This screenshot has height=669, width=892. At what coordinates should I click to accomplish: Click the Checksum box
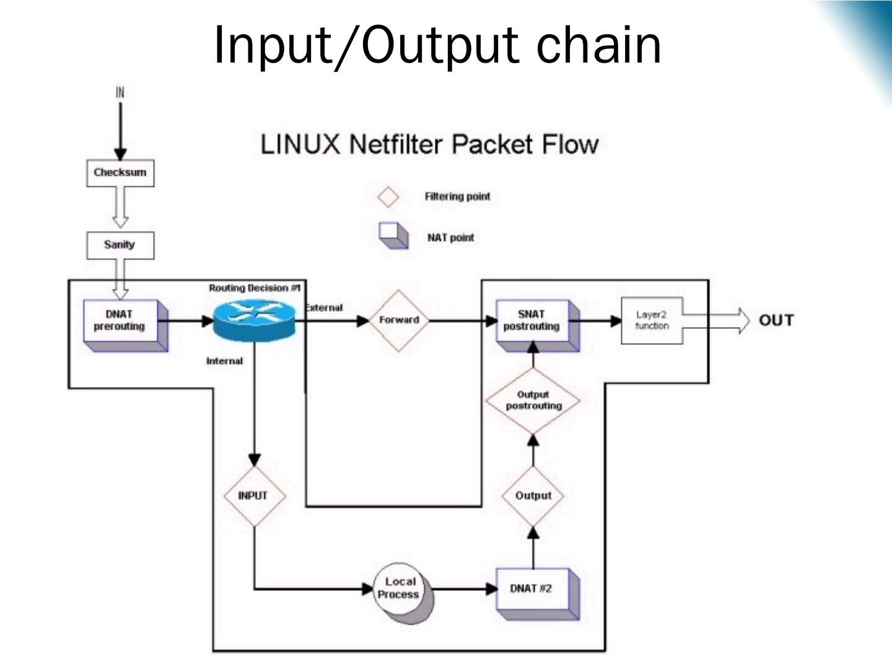click(x=120, y=173)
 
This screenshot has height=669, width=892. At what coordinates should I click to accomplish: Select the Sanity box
click(x=120, y=245)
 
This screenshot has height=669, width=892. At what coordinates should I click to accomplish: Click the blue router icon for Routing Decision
click(x=253, y=320)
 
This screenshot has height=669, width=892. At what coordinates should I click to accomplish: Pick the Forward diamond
click(x=399, y=320)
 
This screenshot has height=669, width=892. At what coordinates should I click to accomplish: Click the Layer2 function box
click(x=652, y=320)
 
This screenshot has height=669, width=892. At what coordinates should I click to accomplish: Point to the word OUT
click(x=776, y=320)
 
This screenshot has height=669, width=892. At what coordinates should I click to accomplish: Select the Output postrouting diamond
click(x=533, y=401)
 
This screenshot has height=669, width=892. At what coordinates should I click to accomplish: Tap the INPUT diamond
click(x=253, y=496)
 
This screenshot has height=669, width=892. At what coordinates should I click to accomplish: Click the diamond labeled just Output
click(x=533, y=496)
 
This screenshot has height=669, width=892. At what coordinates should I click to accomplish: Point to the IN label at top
click(x=120, y=92)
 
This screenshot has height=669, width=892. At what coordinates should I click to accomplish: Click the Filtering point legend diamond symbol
click(x=388, y=197)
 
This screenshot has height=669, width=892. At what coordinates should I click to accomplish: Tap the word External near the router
click(x=324, y=308)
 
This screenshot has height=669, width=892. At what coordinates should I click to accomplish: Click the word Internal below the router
click(x=224, y=361)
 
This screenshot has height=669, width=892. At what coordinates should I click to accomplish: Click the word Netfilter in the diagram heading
click(x=396, y=144)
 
